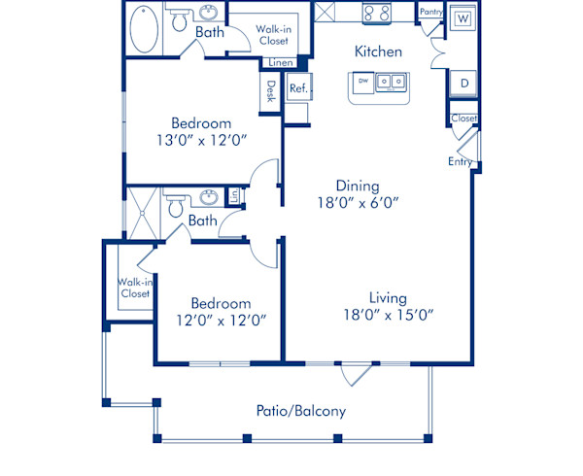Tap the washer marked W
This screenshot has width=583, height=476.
click(x=463, y=18)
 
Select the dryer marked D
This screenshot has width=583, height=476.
click(x=463, y=84)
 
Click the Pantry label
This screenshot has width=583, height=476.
click(x=430, y=12)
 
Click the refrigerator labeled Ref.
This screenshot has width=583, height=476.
click(x=297, y=88)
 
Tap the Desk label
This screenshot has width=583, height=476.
click(x=271, y=91)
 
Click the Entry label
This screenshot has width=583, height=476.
click(x=460, y=161)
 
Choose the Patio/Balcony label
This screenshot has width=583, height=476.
click(x=301, y=411)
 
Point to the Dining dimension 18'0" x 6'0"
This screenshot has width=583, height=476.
click(x=357, y=203)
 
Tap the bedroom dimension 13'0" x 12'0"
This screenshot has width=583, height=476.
click(x=201, y=141)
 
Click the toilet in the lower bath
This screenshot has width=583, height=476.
click(x=176, y=206)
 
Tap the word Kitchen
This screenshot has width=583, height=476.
click(x=378, y=51)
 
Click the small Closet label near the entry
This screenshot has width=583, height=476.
click(x=464, y=119)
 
